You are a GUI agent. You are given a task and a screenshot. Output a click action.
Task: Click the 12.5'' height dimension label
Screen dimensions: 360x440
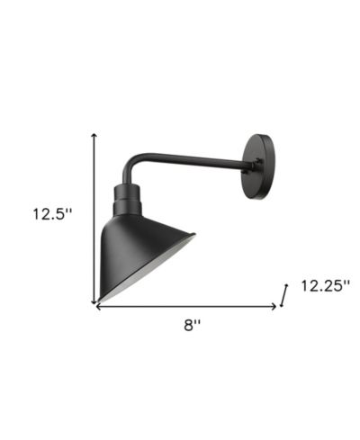(52, 214)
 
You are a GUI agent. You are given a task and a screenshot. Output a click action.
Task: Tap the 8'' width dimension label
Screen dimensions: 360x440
(192, 325)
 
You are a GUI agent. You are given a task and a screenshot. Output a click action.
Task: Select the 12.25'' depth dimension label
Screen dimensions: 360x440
(326, 285)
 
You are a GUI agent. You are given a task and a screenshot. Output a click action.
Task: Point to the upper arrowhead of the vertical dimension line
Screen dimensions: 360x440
(94, 135)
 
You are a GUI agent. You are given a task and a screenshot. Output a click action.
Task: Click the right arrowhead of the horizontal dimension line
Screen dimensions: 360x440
(274, 306)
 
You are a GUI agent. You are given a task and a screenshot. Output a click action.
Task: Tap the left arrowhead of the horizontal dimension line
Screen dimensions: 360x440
(97, 306)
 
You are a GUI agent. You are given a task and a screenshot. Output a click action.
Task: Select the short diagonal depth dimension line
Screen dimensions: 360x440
(283, 295)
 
